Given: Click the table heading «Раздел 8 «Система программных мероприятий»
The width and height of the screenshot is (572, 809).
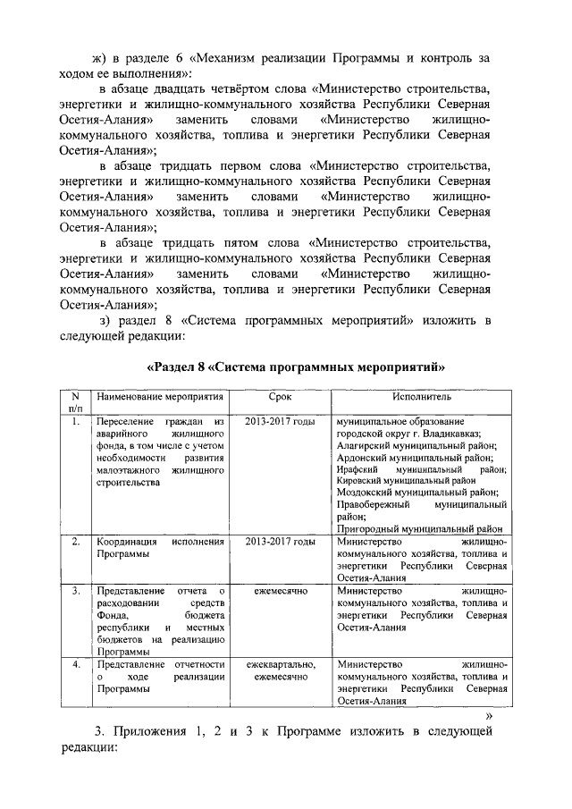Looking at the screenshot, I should coord(295,367).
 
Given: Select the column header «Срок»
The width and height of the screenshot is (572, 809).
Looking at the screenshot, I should coord(279,396).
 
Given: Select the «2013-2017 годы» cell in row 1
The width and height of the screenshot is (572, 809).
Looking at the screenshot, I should coord(280,421).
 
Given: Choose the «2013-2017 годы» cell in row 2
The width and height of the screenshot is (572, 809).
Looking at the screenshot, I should coord(280,542).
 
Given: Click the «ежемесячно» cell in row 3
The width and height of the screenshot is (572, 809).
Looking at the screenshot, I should coord(280,591).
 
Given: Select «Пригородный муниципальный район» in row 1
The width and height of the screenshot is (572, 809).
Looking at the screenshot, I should coord(420,528).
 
